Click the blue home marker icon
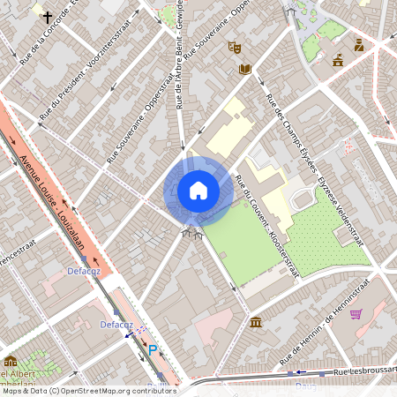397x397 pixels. pos(198,191)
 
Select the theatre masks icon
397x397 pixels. pos(234,47)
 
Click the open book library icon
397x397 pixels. pos(245,69)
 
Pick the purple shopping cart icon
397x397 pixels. pos(356,314)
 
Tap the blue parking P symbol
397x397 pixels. pos(152,350)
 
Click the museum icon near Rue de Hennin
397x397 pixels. pos(255,321)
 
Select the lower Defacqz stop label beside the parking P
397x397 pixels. pos(116,325)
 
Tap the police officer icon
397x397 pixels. pos(359,45)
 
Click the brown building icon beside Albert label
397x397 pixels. pos(11,362)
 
